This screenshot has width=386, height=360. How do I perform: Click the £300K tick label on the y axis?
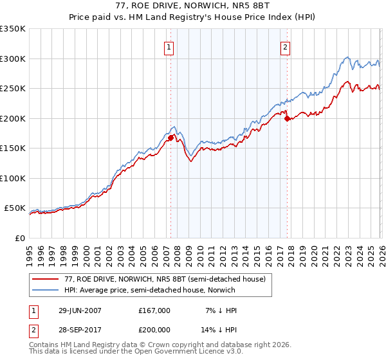(x=13, y=59)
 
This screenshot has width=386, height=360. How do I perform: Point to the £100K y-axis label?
(x=13, y=178)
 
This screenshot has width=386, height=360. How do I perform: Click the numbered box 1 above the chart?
(x=169, y=46)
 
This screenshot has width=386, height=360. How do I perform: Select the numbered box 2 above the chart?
(x=284, y=46)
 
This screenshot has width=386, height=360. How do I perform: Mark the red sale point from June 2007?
(x=170, y=138)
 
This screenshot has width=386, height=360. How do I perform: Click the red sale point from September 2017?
(x=287, y=118)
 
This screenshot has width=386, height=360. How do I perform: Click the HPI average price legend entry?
(x=149, y=290)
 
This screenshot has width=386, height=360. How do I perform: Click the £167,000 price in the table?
(x=154, y=310)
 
